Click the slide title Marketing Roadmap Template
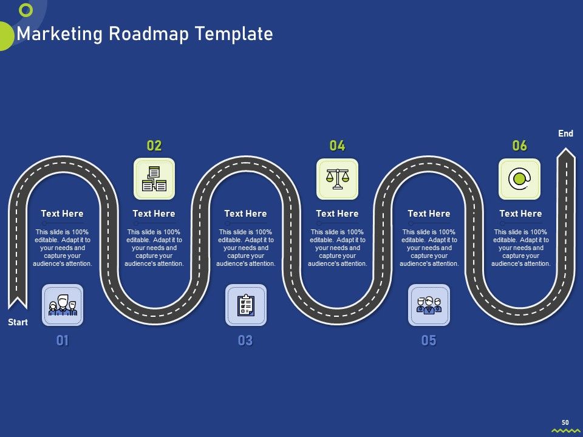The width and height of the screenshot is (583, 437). click(x=145, y=34)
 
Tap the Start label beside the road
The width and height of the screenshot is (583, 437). click(x=18, y=322)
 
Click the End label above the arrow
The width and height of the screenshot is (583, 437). click(x=565, y=134)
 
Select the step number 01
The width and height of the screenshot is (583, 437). click(x=63, y=340)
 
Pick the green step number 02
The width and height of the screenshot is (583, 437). click(x=154, y=146)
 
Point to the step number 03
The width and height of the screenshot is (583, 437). click(x=245, y=340)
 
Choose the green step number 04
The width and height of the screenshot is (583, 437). click(x=337, y=146)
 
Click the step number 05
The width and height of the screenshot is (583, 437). click(x=429, y=340)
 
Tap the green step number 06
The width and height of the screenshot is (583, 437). click(x=519, y=146)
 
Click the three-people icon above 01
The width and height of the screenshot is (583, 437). click(x=63, y=305)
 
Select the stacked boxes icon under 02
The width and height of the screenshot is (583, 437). click(x=154, y=178)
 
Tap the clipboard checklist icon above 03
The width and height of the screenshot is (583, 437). click(x=246, y=305)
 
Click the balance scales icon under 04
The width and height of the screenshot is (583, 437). click(x=337, y=178)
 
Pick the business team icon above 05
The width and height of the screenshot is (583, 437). click(x=429, y=305)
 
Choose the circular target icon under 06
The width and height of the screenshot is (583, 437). click(x=519, y=178)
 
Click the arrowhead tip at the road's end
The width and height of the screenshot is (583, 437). click(x=566, y=148)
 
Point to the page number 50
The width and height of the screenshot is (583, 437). click(x=565, y=422)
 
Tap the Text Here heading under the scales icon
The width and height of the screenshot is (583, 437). click(x=337, y=214)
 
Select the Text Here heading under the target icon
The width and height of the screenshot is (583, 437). click(x=520, y=214)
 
